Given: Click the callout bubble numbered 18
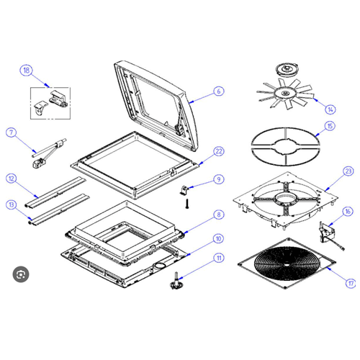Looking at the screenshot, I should coord(27,71).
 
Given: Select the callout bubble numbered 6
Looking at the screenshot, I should coord(219,92).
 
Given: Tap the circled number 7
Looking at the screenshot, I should coord(11,132).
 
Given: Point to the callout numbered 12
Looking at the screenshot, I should coord(11,178).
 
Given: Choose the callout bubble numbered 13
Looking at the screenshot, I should coord(11,204).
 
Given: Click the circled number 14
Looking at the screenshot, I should coord(330,109).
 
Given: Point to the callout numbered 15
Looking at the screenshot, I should coord(330,126).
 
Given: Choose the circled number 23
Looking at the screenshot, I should coord(348,171).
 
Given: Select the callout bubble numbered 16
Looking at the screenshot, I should coord(348,212).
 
